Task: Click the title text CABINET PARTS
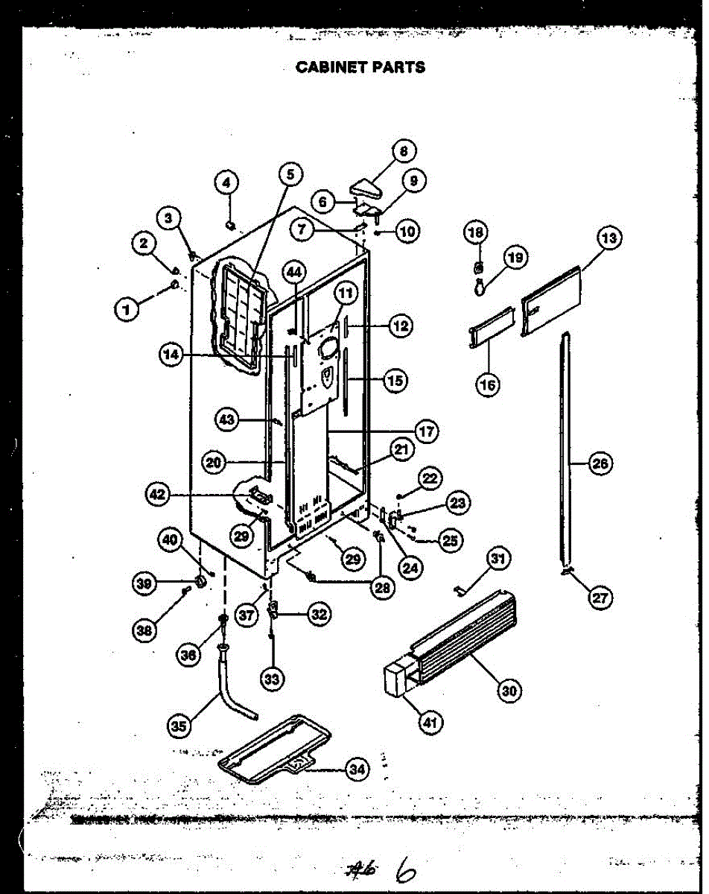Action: pyautogui.click(x=360, y=67)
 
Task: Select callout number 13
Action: pyautogui.click(x=608, y=238)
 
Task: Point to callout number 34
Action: pyautogui.click(x=357, y=770)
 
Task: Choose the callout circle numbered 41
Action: pyautogui.click(x=431, y=721)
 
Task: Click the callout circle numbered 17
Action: pyautogui.click(x=426, y=431)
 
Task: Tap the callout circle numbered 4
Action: pyautogui.click(x=227, y=182)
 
